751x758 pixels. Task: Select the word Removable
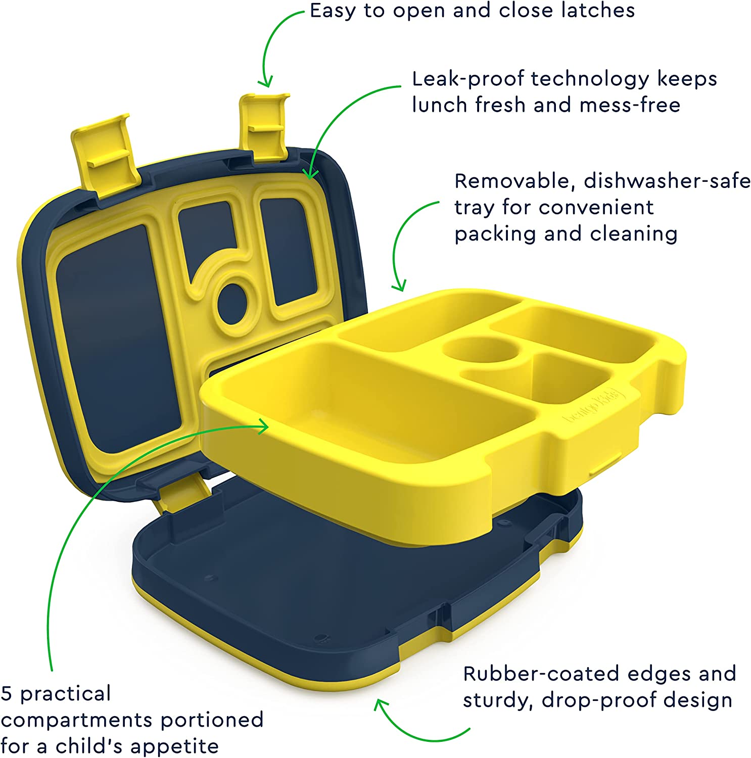(515, 181)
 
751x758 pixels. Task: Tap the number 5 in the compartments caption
(6, 694)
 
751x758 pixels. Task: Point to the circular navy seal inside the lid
(232, 303)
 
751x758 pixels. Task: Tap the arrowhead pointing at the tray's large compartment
(263, 427)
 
